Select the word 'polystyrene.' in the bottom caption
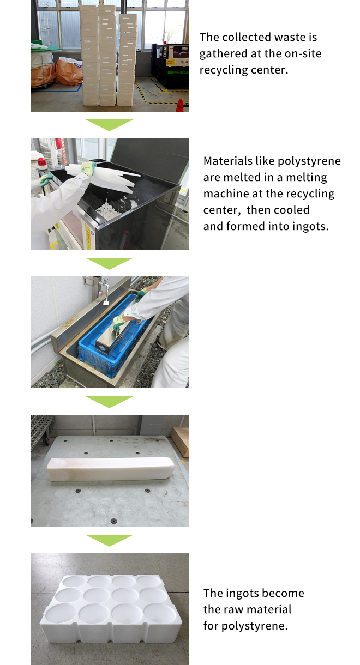pyautogui.click(x=254, y=626)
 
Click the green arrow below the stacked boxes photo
pyautogui.click(x=109, y=125)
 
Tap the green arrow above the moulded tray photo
pyautogui.click(x=109, y=540)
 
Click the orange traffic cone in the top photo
pyautogui.click(x=180, y=105)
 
